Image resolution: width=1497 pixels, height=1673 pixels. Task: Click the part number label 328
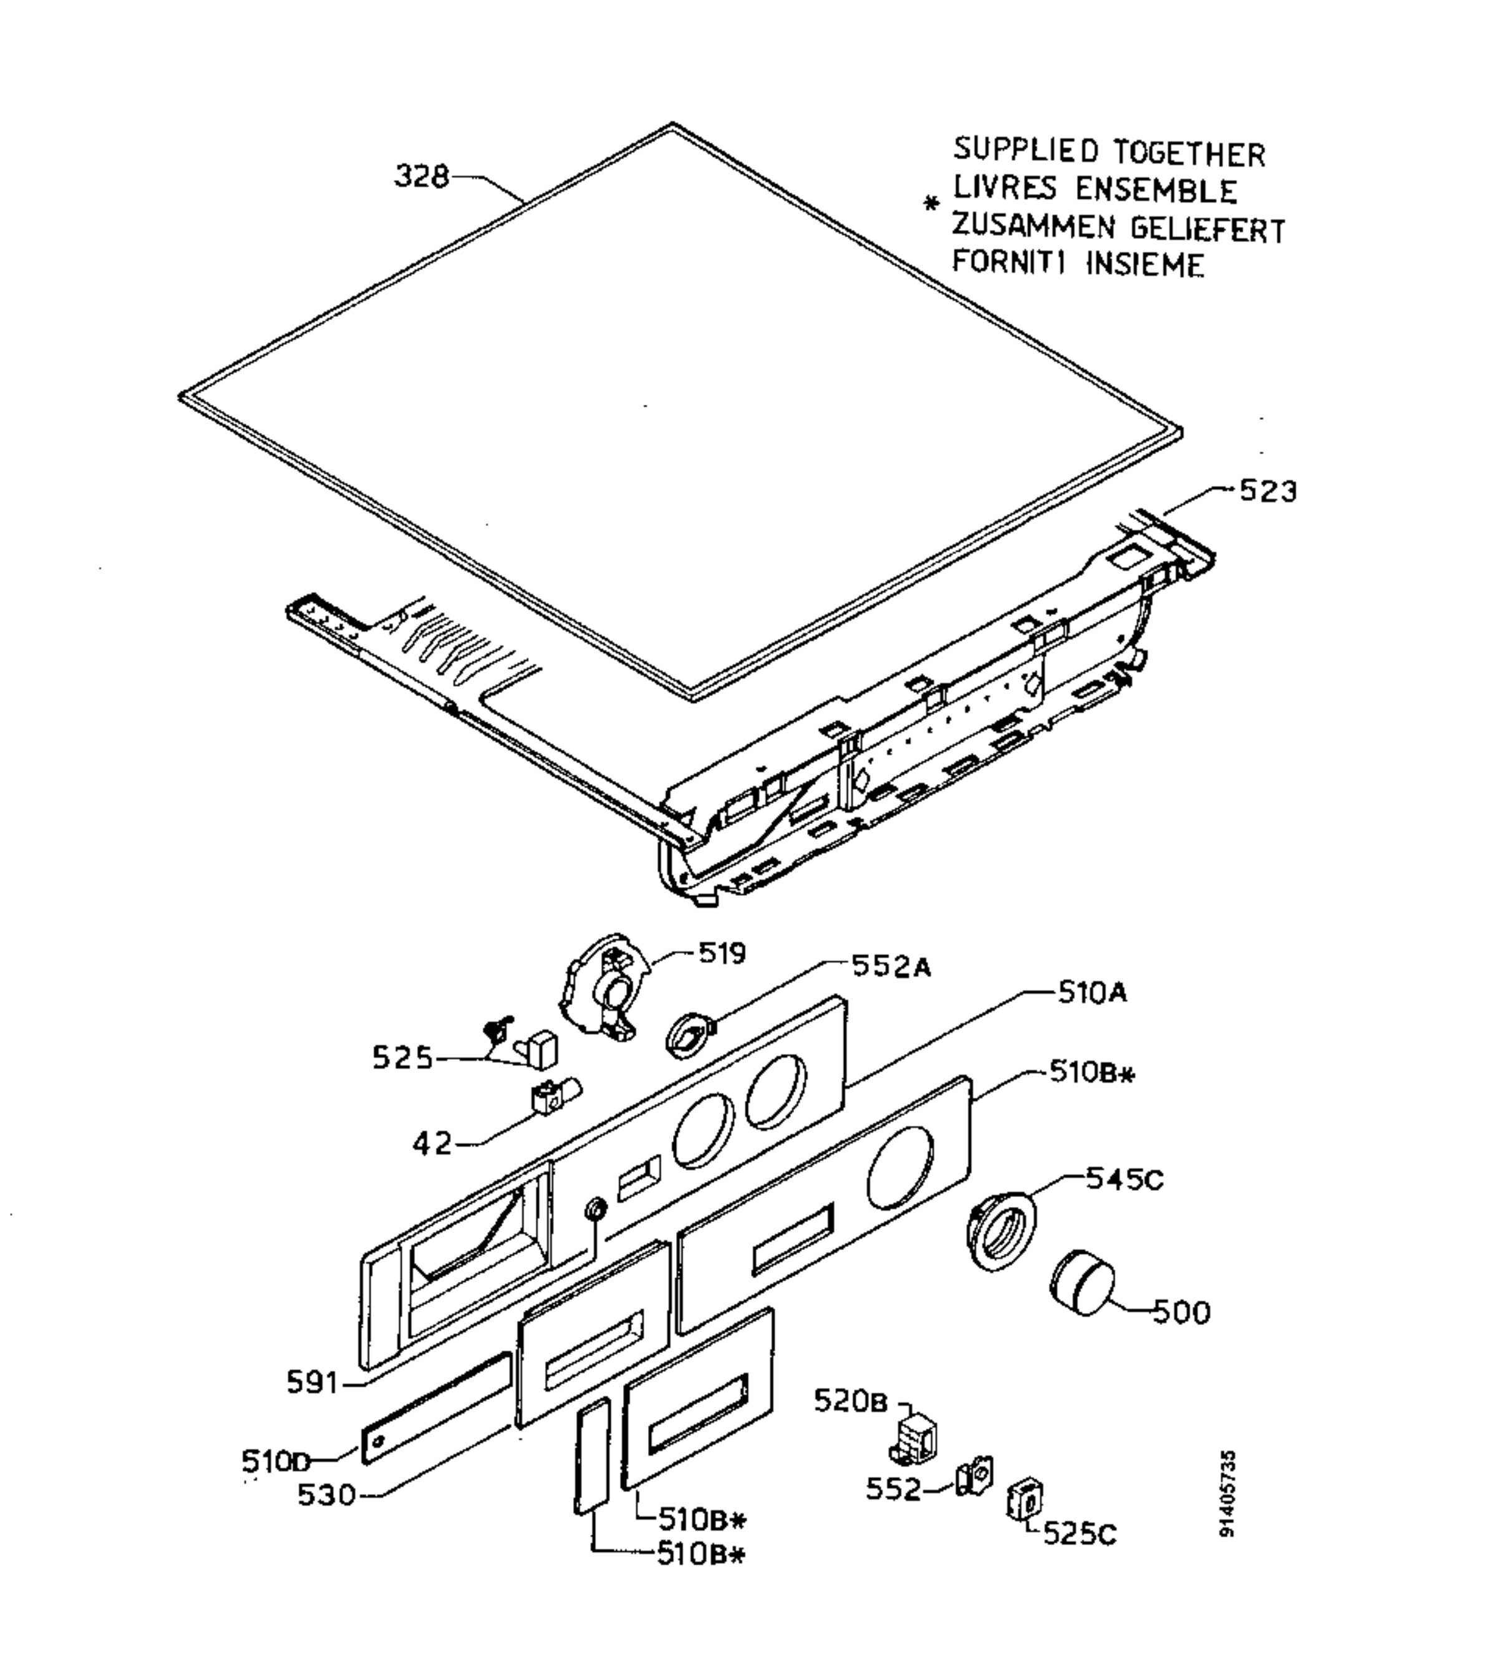tap(422, 176)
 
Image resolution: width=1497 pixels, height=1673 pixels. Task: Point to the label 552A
tap(891, 966)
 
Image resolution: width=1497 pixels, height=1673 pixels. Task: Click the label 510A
tap(1092, 993)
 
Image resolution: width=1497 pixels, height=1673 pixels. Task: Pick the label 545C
tap(1125, 1180)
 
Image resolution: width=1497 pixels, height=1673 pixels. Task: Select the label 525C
tap(1080, 1535)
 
